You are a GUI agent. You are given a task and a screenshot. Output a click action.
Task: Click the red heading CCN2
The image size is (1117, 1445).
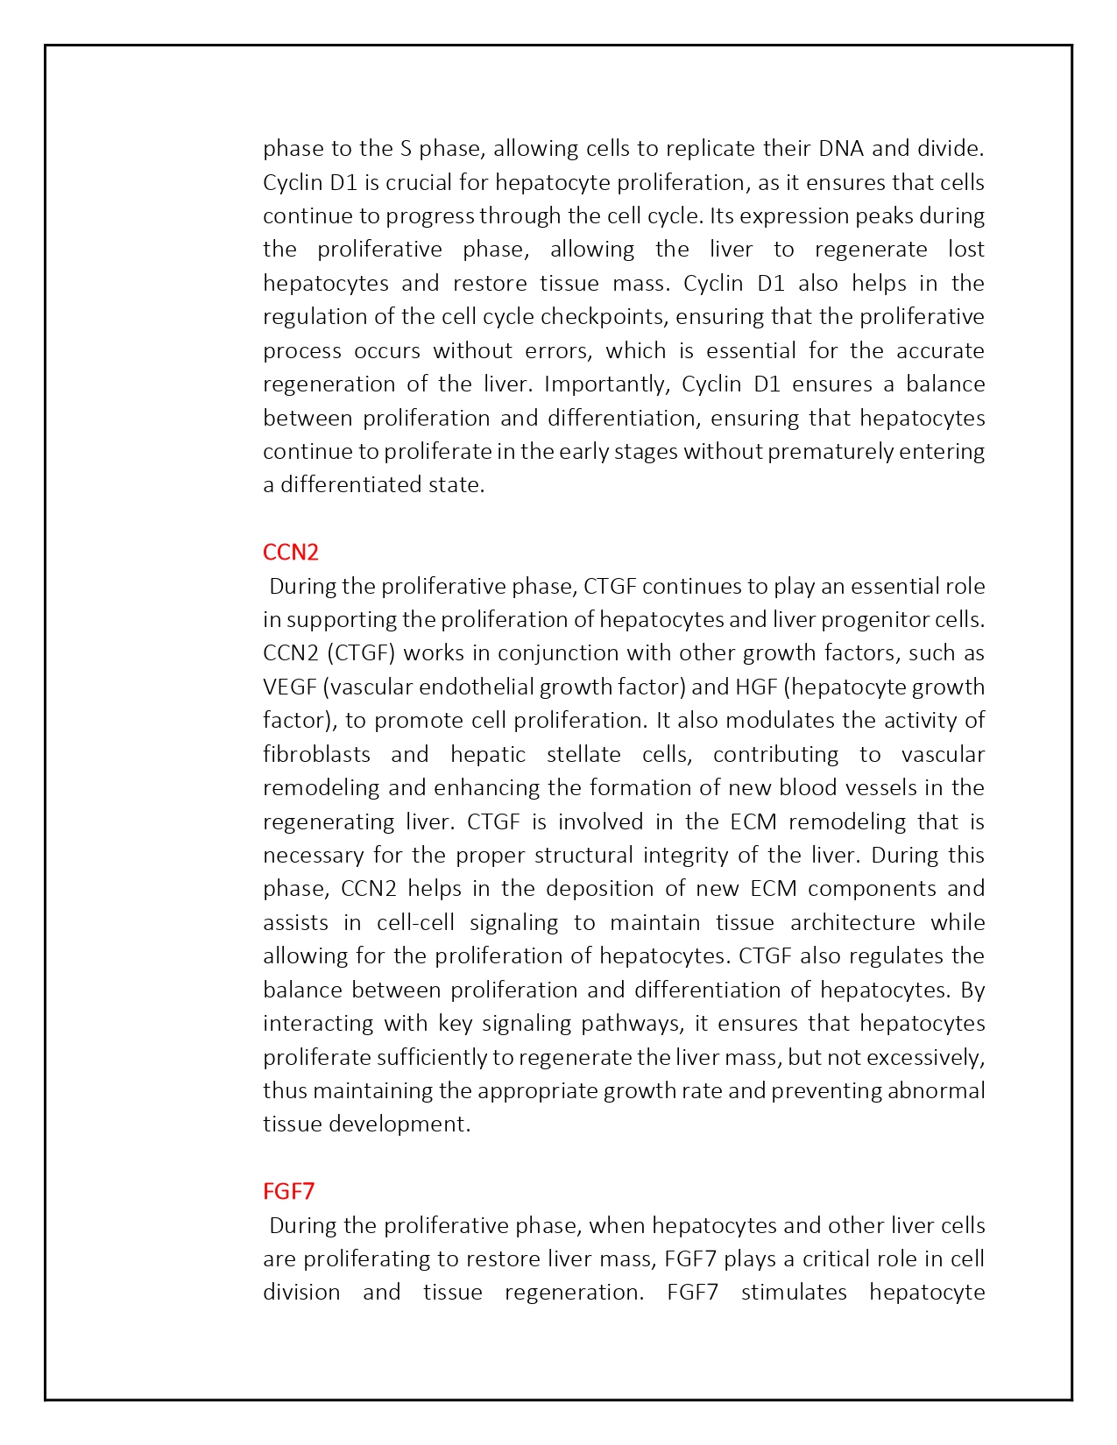(x=291, y=553)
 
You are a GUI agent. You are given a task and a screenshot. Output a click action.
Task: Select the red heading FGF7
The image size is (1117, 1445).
(x=288, y=1191)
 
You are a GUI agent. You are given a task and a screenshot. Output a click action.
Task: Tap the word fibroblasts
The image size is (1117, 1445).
(x=316, y=754)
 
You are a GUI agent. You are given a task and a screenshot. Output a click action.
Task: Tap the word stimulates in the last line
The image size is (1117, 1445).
(x=794, y=1292)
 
